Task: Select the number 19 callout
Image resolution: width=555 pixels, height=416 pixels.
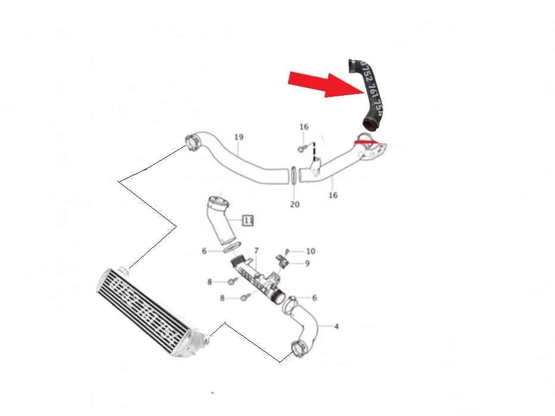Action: point(239,137)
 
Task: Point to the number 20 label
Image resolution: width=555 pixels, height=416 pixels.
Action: point(294,204)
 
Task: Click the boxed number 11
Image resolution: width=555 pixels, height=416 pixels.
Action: point(249,220)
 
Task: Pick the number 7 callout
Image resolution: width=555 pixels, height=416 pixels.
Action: point(256,251)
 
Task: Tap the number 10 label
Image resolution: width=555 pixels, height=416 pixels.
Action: point(311,251)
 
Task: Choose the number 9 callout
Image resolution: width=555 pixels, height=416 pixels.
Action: point(307,263)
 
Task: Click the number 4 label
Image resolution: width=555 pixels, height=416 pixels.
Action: point(337,326)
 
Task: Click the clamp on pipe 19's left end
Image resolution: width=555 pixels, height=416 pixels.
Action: point(192,143)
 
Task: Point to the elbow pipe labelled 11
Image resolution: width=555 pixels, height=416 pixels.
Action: point(220,220)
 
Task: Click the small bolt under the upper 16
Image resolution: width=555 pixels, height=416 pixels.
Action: point(303,147)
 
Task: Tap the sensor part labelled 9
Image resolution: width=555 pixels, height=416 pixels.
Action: point(282,260)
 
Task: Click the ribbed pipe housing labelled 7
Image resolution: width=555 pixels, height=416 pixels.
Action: point(256,279)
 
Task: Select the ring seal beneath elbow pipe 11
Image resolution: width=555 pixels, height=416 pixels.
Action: point(233,247)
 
